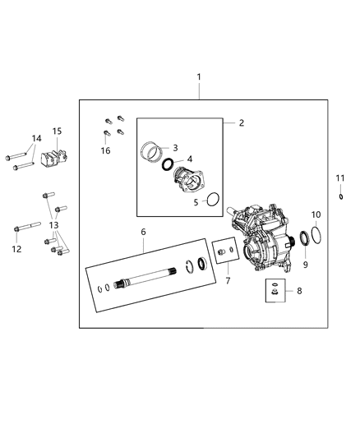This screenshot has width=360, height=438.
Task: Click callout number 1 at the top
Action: pyautogui.click(x=198, y=78)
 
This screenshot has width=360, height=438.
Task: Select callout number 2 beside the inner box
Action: pyautogui.click(x=242, y=123)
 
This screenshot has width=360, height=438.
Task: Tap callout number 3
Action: pyautogui.click(x=175, y=147)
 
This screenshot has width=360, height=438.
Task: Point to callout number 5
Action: pyautogui.click(x=195, y=201)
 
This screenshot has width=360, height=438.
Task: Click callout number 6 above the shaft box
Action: pyautogui.click(x=143, y=233)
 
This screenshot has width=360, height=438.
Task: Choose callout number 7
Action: pyautogui.click(x=228, y=281)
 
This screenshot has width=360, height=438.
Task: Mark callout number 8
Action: pyautogui.click(x=298, y=290)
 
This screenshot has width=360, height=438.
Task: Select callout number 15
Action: pyautogui.click(x=57, y=131)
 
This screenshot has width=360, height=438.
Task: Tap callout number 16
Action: pyautogui.click(x=104, y=150)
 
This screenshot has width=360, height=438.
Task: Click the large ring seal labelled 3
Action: pyautogui.click(x=150, y=152)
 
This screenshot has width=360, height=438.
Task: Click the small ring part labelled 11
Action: pyautogui.click(x=340, y=196)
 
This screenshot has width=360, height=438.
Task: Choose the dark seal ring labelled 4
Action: pyautogui.click(x=168, y=164)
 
